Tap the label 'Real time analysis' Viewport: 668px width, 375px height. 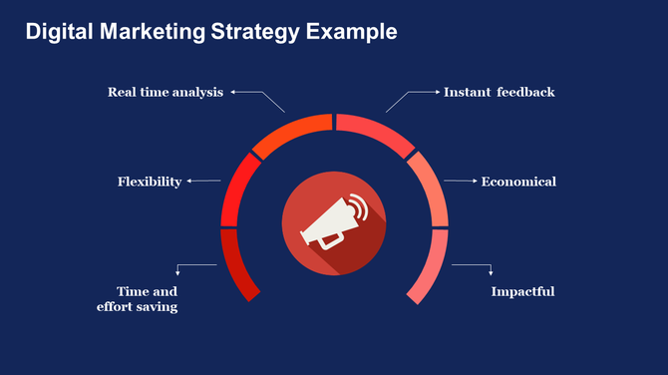click(x=167, y=93)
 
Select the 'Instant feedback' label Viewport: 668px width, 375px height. click(x=499, y=93)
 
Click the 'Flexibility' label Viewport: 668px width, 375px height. click(x=150, y=182)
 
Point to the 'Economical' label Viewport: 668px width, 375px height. click(x=518, y=182)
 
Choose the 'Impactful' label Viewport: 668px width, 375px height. click(x=522, y=292)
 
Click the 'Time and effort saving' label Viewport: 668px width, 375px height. click(x=138, y=299)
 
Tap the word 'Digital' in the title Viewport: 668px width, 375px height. click(x=56, y=32)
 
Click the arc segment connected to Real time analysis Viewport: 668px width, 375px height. click(x=291, y=135)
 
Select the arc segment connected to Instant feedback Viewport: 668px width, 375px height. click(x=377, y=135)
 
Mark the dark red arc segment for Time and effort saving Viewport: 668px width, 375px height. click(x=234, y=264)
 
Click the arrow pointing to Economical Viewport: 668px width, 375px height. click(x=460, y=182)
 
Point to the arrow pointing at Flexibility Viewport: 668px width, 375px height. click(x=203, y=182)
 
